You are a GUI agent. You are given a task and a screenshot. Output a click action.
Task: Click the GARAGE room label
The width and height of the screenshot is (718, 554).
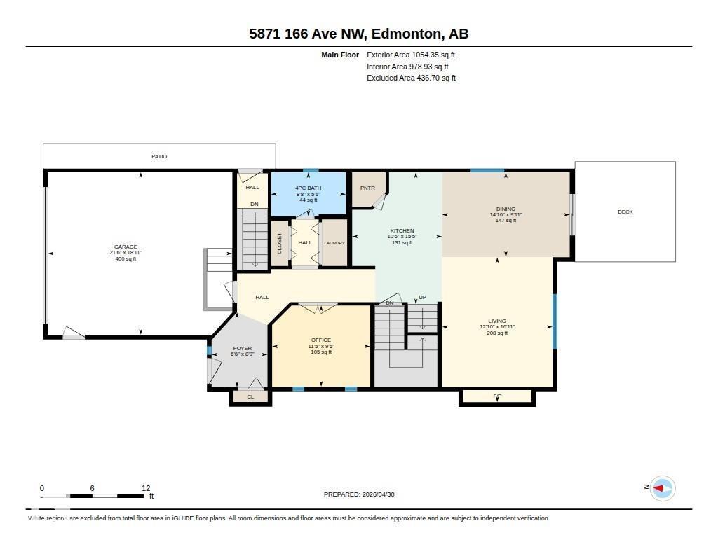point(126,247)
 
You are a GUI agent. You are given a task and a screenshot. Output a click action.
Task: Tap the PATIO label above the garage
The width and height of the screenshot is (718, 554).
point(159,157)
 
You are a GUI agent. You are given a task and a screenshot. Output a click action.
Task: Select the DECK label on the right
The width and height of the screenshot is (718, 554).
point(625,212)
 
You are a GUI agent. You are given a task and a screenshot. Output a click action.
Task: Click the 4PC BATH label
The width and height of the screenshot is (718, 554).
point(308,188)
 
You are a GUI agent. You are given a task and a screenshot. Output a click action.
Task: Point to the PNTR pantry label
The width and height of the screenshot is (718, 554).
point(367,188)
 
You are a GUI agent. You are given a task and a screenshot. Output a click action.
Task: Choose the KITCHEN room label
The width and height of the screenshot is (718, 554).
point(402,230)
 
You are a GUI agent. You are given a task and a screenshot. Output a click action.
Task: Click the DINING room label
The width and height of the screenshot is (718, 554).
point(506,209)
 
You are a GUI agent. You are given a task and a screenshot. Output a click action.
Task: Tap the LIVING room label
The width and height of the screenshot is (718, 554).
point(497,321)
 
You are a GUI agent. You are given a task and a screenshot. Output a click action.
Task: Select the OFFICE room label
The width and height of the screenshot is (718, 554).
point(321,340)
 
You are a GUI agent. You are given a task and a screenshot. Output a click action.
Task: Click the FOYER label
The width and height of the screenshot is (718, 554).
point(242,348)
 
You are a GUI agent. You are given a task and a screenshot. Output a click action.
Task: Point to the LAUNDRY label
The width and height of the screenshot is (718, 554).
point(334,243)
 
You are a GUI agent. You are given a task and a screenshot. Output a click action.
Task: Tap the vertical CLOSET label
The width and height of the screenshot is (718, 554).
point(279,243)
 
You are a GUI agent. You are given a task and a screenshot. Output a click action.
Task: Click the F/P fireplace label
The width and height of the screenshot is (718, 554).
point(497,396)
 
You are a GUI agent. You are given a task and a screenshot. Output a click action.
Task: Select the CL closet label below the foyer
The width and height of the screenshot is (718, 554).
point(250,397)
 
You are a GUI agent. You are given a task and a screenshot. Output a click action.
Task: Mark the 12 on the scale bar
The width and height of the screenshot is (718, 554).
point(146,488)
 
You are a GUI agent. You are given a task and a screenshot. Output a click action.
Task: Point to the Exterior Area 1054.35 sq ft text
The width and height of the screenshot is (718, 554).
point(411,55)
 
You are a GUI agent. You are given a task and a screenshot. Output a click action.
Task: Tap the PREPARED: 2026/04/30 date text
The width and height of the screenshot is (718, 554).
point(359,494)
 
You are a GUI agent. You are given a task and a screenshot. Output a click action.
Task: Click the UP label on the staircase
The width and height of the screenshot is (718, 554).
point(422,298)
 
